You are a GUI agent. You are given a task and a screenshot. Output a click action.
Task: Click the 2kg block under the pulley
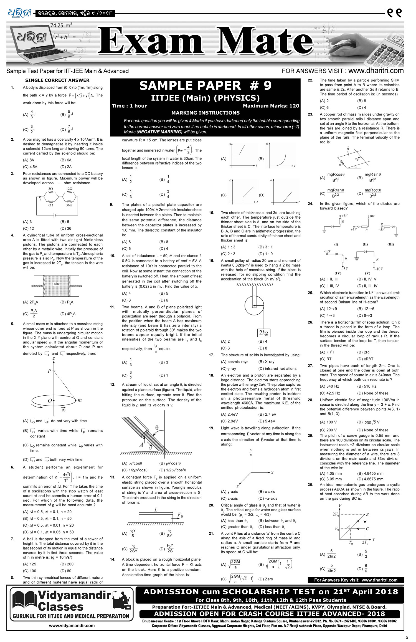click(263, 333)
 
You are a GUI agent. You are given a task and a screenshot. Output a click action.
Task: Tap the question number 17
click(211, 355)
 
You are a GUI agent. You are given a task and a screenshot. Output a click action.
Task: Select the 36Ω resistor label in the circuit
click(69, 205)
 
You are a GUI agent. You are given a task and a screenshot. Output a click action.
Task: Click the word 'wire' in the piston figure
click(57, 284)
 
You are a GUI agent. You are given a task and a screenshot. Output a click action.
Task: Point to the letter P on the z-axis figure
click(49, 371)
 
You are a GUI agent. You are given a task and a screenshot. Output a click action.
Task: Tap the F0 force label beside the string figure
click(180, 515)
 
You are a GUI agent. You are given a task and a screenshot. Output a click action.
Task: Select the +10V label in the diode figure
click(371, 216)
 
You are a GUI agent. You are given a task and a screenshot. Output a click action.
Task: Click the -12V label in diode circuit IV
click(328, 251)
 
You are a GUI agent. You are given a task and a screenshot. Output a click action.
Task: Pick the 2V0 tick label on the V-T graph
click(336, 514)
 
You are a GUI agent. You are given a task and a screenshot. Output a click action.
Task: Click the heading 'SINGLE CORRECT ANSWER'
click(57, 80)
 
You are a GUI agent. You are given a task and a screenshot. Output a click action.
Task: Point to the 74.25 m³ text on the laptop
click(61, 25)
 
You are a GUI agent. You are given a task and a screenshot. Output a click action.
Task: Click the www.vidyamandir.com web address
click(72, 626)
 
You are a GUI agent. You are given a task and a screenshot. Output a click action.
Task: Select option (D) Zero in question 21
click(265, 579)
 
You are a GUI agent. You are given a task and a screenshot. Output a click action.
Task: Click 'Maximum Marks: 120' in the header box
click(271, 106)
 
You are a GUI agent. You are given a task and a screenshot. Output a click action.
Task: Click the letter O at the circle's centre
click(50, 401)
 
